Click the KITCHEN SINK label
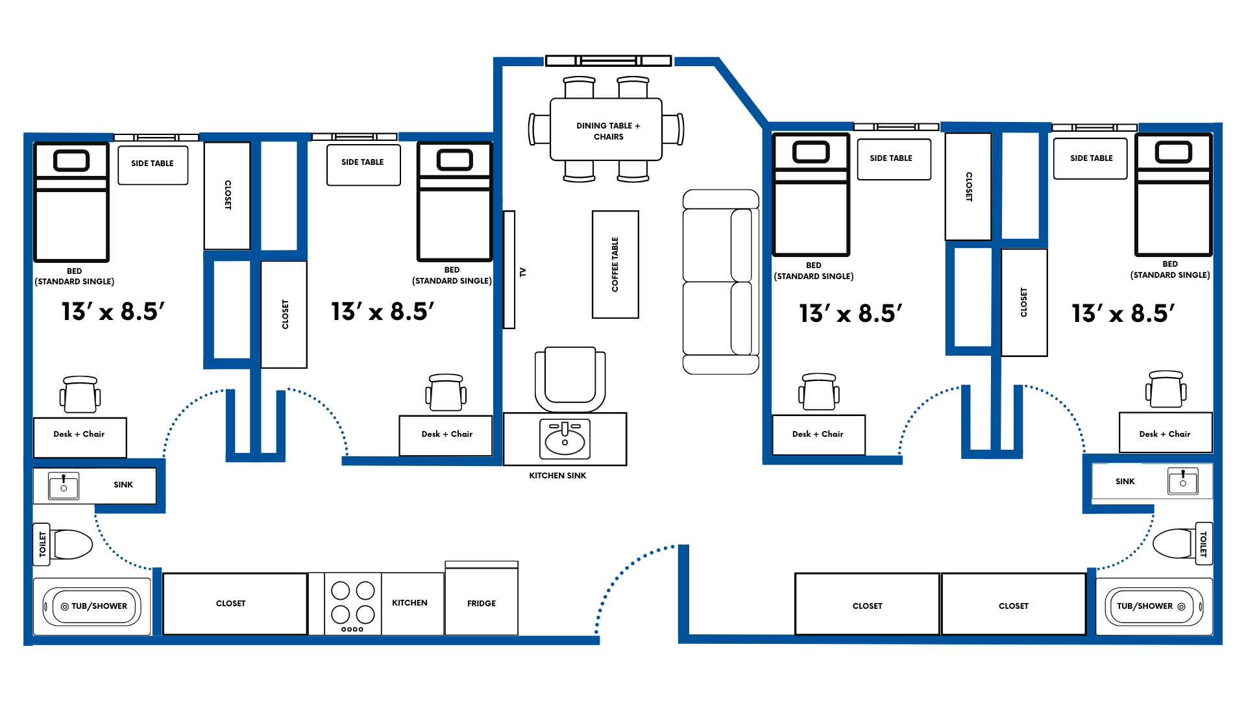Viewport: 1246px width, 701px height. click(557, 476)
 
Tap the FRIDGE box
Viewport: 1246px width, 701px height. click(482, 602)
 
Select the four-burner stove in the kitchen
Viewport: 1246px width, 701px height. click(352, 604)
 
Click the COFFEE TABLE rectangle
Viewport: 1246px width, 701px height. click(615, 264)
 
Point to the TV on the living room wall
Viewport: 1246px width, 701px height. click(509, 269)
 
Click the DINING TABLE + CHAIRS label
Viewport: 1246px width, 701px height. click(608, 131)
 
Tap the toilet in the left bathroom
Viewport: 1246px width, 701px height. click(71, 545)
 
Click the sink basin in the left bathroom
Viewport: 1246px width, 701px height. click(64, 486)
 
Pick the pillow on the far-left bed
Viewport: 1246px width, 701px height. click(71, 160)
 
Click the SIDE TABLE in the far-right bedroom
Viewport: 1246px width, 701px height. click(1090, 158)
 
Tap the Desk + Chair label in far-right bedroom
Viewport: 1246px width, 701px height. click(1164, 434)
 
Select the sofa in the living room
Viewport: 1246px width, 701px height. click(720, 282)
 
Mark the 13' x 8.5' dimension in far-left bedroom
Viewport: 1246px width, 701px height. click(114, 312)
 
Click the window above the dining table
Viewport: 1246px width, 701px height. click(608, 61)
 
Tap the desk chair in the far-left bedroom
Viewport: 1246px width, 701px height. click(80, 394)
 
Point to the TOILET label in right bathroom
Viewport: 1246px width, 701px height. click(1203, 544)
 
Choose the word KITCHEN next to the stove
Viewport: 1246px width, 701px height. click(409, 602)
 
